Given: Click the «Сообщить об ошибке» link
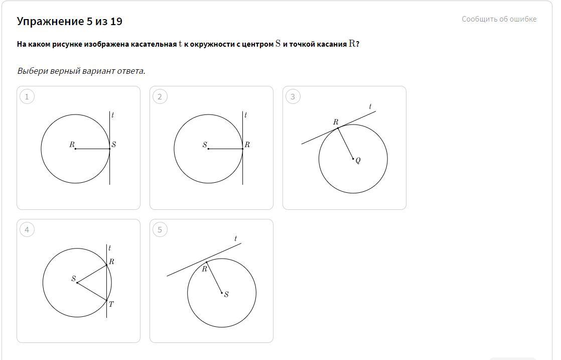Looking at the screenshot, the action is pos(499,19).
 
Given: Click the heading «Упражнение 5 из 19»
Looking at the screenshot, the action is pos(69,21).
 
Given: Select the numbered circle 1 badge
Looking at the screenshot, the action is pos(27,96).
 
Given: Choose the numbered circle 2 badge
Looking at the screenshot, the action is pos(160,96).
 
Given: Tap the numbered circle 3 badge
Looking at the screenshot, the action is pos(293,96).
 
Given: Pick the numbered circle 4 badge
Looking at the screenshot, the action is pos(27,229).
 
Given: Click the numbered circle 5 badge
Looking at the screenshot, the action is pos(160,229).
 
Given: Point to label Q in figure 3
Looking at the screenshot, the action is pos(358,160).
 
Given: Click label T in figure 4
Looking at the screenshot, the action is pos(111,304).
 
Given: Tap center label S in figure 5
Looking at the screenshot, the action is pos(226,294).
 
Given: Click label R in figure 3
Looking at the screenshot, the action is pos(336,122).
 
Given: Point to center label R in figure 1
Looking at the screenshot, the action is pos(72,145).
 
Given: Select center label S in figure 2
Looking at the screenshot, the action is pos(205,145).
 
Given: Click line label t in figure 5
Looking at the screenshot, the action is pos(235,238).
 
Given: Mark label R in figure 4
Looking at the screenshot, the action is pos(111,262).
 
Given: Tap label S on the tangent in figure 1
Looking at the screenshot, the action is pos(113,145).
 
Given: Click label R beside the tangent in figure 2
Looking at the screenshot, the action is pos(247,145).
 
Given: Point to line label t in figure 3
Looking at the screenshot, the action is pos(370,106).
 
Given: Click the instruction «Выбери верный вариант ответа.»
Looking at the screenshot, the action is pos(81,71).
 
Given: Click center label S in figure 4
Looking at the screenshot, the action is pos(74,278).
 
